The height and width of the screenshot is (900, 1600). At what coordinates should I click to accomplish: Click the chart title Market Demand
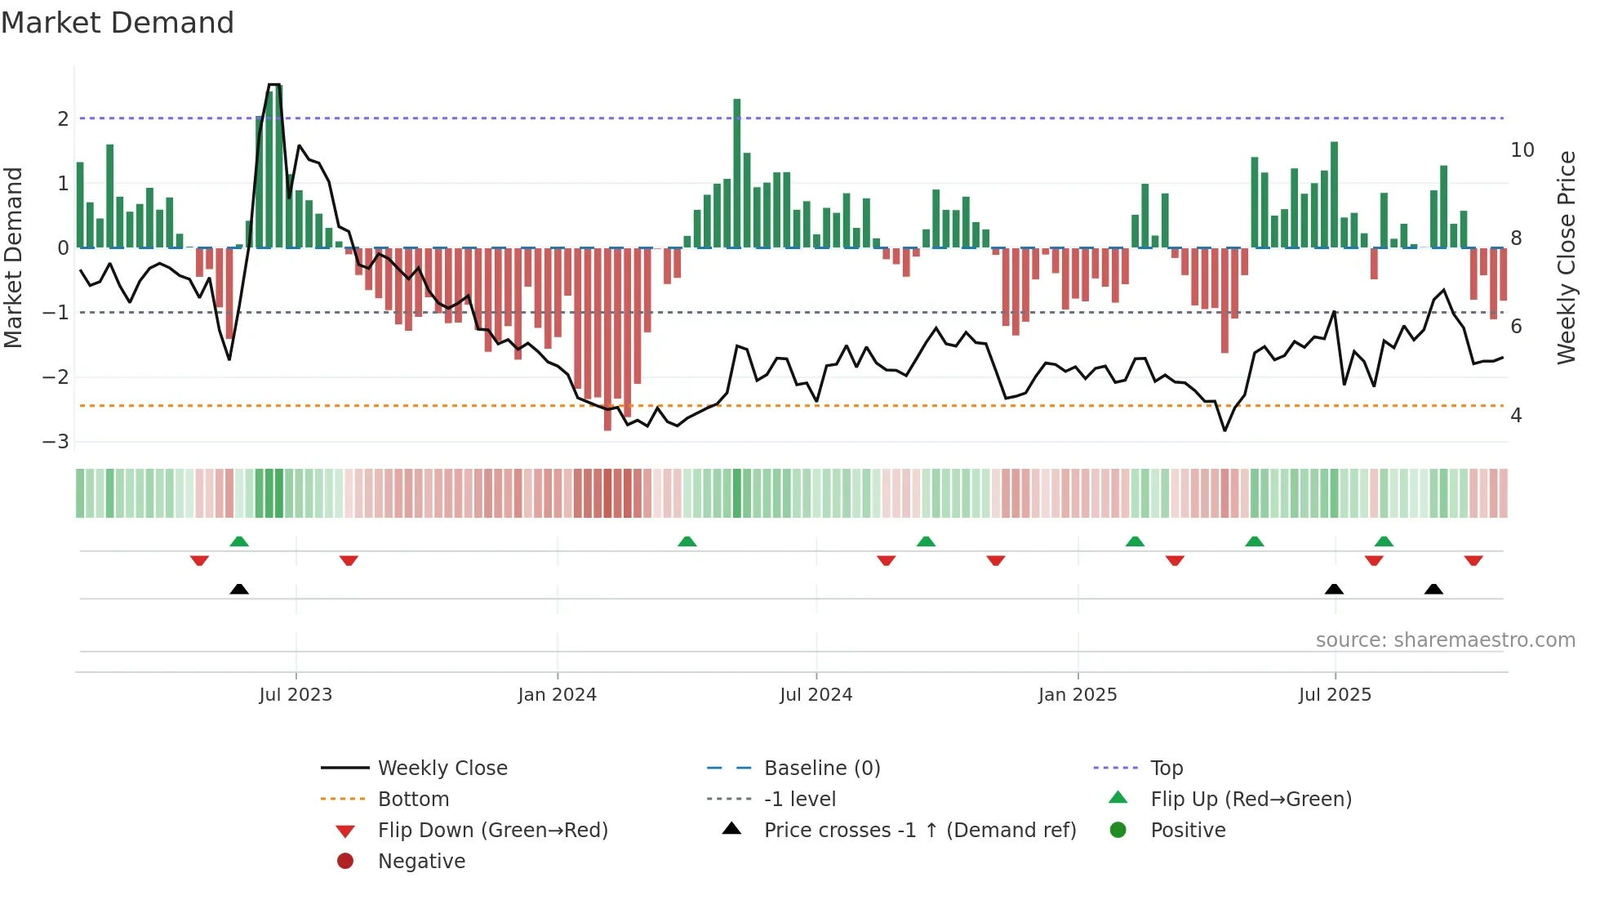118,23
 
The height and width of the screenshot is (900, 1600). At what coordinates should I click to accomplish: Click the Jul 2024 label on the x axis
816,695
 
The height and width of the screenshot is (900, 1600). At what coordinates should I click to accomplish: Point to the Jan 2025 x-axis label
1078,695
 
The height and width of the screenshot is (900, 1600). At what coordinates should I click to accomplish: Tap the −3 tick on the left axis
56,442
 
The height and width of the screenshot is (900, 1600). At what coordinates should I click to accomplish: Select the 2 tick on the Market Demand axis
63,119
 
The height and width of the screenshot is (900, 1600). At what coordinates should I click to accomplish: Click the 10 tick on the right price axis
1522,150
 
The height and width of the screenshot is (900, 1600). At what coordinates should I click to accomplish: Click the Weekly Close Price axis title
1566,257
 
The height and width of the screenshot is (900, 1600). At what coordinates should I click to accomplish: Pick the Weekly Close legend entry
442,769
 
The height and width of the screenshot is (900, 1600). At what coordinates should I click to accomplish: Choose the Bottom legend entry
413,800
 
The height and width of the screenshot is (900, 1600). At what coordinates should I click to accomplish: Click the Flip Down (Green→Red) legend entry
492,831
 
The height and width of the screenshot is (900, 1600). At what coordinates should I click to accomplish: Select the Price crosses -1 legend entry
919,831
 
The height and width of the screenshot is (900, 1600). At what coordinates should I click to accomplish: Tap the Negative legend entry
421,862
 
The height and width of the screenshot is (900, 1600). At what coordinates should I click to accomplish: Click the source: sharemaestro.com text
1445,640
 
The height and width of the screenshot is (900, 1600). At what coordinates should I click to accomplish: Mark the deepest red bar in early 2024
607,339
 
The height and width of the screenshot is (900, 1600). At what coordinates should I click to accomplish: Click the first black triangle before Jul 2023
239,589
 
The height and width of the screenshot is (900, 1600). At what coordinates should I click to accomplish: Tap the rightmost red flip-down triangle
1473,560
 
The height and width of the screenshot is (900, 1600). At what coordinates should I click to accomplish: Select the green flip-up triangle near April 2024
687,541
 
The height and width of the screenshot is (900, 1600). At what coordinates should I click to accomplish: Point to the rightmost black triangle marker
1433,589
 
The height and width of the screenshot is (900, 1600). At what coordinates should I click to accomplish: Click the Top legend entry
1166,769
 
